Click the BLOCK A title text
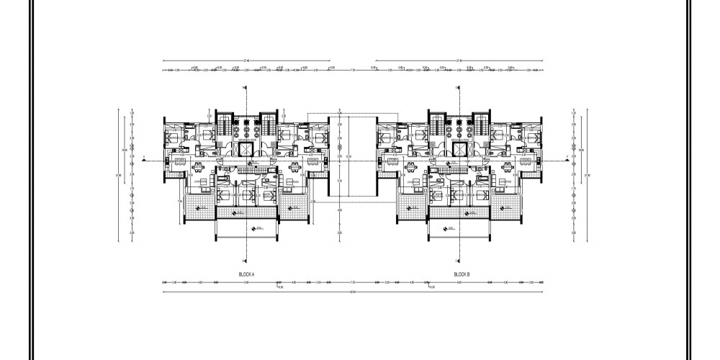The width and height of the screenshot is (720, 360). [247, 274]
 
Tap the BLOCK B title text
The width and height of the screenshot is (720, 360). [462, 274]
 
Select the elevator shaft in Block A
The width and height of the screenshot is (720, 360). [246, 149]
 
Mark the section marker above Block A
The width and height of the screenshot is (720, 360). [246, 88]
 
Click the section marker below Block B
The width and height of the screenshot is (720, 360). [459, 261]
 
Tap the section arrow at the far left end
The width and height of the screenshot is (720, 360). [144, 157]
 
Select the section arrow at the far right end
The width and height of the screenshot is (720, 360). [567, 156]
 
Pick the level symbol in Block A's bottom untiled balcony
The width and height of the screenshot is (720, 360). [252, 229]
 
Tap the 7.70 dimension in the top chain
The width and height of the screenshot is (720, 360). [353, 70]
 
